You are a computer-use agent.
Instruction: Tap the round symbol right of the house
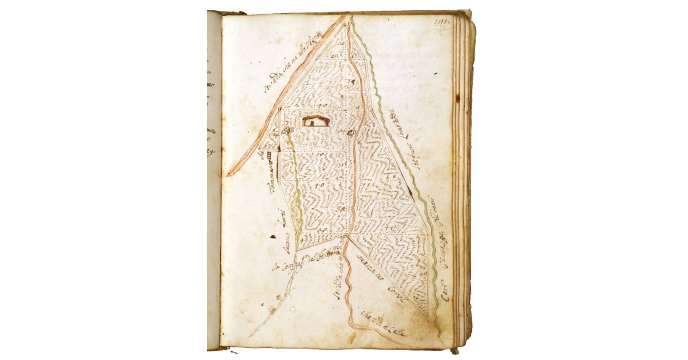(351, 132)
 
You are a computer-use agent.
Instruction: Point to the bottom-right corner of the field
(427, 315)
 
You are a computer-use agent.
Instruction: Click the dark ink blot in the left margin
(268, 234)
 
